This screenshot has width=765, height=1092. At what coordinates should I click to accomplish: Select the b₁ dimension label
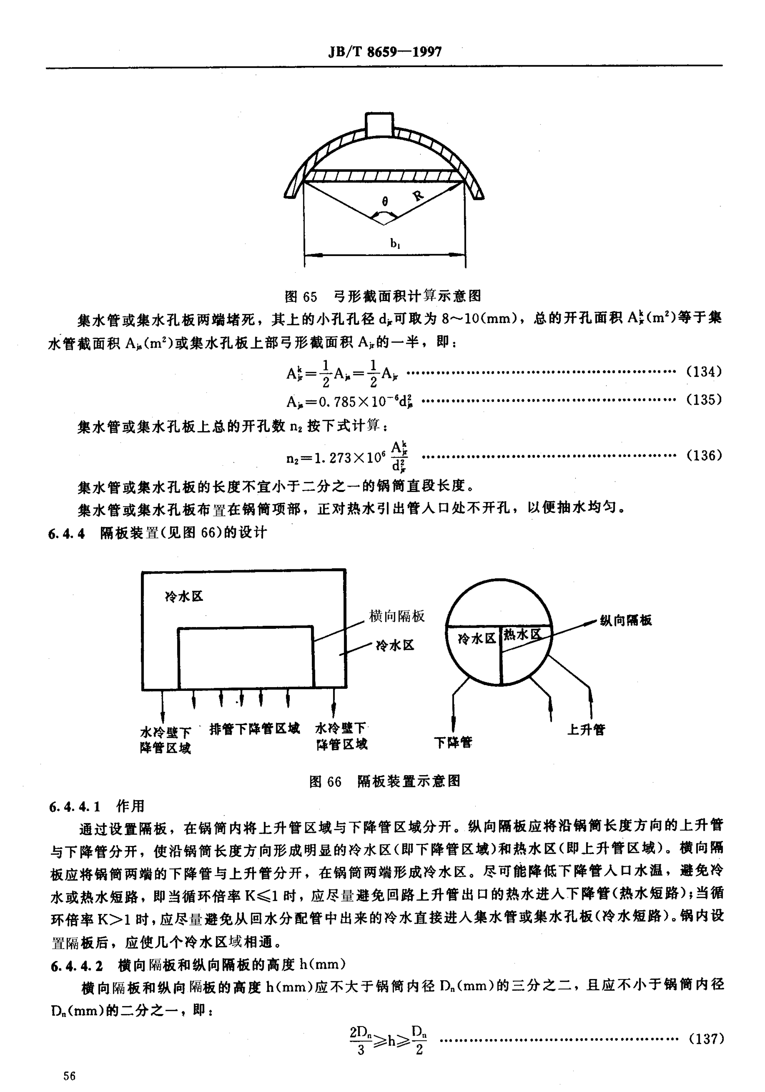[395, 244]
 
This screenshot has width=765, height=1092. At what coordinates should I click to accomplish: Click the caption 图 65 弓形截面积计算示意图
[383, 297]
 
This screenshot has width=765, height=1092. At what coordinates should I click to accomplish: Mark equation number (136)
[704, 456]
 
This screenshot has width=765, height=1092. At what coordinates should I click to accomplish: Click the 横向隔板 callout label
[397, 616]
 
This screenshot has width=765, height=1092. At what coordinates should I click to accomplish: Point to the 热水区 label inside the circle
[522, 634]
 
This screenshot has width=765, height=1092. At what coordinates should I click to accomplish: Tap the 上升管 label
[586, 730]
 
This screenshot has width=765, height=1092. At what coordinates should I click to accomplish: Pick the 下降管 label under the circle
[453, 743]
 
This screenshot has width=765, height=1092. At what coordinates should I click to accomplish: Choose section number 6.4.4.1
[75, 807]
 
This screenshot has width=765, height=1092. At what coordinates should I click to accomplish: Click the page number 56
[69, 1076]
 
